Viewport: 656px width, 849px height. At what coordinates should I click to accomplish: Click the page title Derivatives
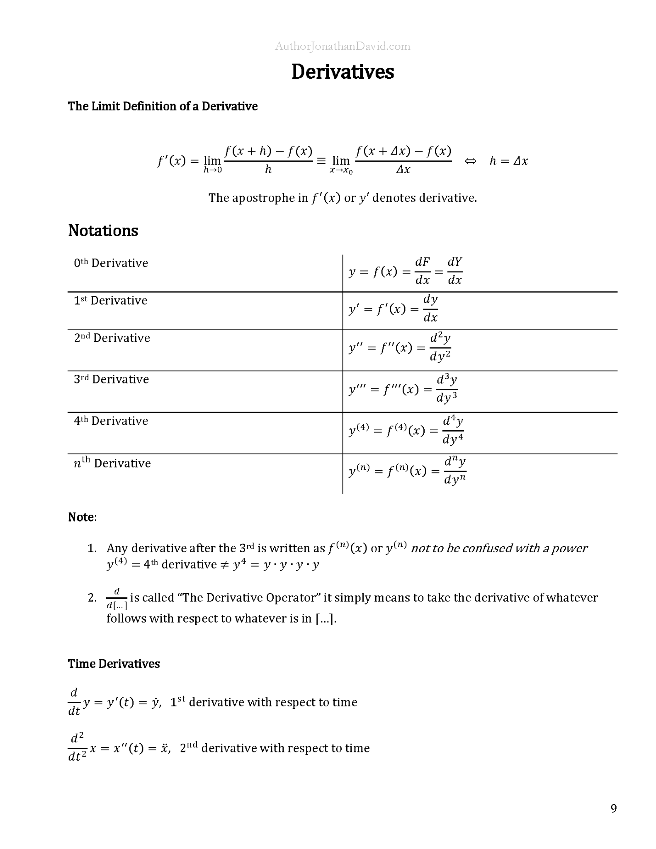click(x=343, y=72)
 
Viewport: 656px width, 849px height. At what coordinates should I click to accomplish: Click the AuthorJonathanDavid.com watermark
click(x=343, y=46)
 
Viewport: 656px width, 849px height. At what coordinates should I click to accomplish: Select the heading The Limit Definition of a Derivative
click(x=163, y=107)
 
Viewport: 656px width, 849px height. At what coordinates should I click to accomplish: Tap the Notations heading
click(x=103, y=230)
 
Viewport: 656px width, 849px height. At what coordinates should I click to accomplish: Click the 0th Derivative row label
click(x=111, y=263)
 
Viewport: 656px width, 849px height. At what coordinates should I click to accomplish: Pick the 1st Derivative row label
click(x=110, y=301)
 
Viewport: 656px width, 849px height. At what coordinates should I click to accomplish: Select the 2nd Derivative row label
click(x=112, y=338)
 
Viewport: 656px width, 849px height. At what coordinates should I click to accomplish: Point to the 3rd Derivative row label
click(x=111, y=379)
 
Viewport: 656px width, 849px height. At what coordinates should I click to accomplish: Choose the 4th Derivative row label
click(x=111, y=421)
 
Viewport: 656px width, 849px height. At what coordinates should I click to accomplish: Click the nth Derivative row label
click(x=112, y=463)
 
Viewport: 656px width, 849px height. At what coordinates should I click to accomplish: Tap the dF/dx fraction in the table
click(x=423, y=271)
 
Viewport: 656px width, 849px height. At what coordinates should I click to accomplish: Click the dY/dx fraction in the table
click(x=455, y=271)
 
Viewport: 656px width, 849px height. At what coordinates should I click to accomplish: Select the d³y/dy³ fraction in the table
click(x=447, y=389)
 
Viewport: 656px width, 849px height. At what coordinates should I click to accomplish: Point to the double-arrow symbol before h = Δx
click(x=470, y=161)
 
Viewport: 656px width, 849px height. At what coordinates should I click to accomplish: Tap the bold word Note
click(x=81, y=517)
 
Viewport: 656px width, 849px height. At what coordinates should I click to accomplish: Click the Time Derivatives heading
click(x=114, y=664)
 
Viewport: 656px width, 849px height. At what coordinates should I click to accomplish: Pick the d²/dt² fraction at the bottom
click(x=77, y=747)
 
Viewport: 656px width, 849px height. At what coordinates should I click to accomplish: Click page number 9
click(x=614, y=808)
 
